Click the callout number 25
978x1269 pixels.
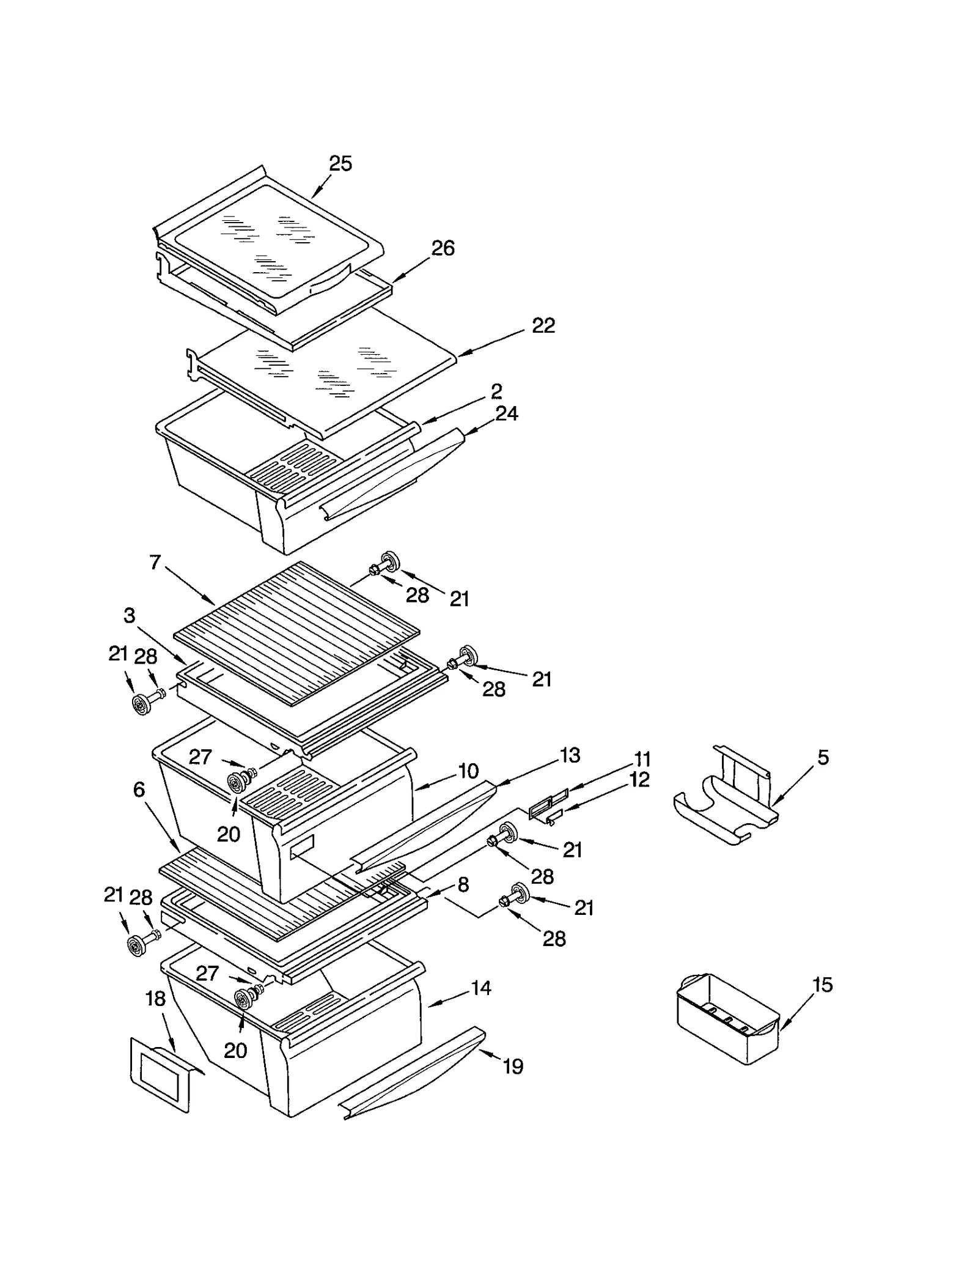[x=340, y=164]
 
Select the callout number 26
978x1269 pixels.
[x=443, y=248]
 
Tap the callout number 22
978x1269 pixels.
[x=543, y=326]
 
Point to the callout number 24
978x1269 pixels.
[x=507, y=414]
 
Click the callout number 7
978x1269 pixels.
[x=155, y=562]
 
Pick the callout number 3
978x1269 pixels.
[x=129, y=616]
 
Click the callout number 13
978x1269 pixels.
[x=570, y=755]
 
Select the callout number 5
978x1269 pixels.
[x=823, y=758]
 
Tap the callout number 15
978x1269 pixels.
[x=822, y=985]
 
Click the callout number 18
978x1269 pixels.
[x=155, y=999]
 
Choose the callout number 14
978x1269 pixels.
[x=481, y=988]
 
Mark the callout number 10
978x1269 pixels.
[x=468, y=771]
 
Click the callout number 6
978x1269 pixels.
[x=139, y=790]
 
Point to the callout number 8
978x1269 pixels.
[x=463, y=884]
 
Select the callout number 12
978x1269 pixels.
[x=639, y=780]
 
